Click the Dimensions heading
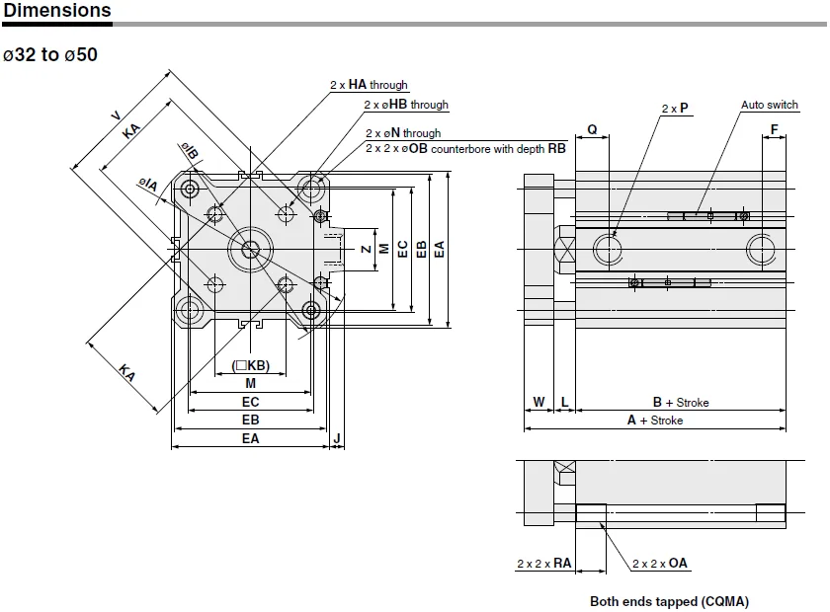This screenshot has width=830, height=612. pyautogui.click(x=56, y=10)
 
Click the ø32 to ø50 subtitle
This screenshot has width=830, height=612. pyautogui.click(x=50, y=54)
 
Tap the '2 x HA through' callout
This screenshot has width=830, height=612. pyautogui.click(x=369, y=85)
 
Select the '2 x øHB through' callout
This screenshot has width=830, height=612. pyautogui.click(x=406, y=105)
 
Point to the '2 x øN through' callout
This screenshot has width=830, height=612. pyautogui.click(x=403, y=133)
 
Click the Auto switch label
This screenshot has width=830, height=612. pyautogui.click(x=769, y=105)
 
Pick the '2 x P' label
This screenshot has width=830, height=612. pyautogui.click(x=675, y=108)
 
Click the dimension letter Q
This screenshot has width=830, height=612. pyautogui.click(x=592, y=129)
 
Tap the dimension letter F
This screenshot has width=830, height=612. pyautogui.click(x=774, y=129)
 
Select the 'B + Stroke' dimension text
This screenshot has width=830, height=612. pyautogui.click(x=681, y=402)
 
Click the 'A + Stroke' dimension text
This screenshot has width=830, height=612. pyautogui.click(x=655, y=420)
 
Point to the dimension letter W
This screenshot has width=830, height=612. pyautogui.click(x=539, y=402)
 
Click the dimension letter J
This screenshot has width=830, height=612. pyautogui.click(x=337, y=438)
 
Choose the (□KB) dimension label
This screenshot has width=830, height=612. pyautogui.click(x=250, y=365)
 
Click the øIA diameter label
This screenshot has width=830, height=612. pyautogui.click(x=148, y=184)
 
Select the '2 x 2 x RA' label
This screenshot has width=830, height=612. pyautogui.click(x=544, y=564)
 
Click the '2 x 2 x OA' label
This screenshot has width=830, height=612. pyautogui.click(x=660, y=564)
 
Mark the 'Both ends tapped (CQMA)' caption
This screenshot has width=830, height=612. pyautogui.click(x=670, y=601)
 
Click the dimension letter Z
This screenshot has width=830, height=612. pyautogui.click(x=367, y=249)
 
